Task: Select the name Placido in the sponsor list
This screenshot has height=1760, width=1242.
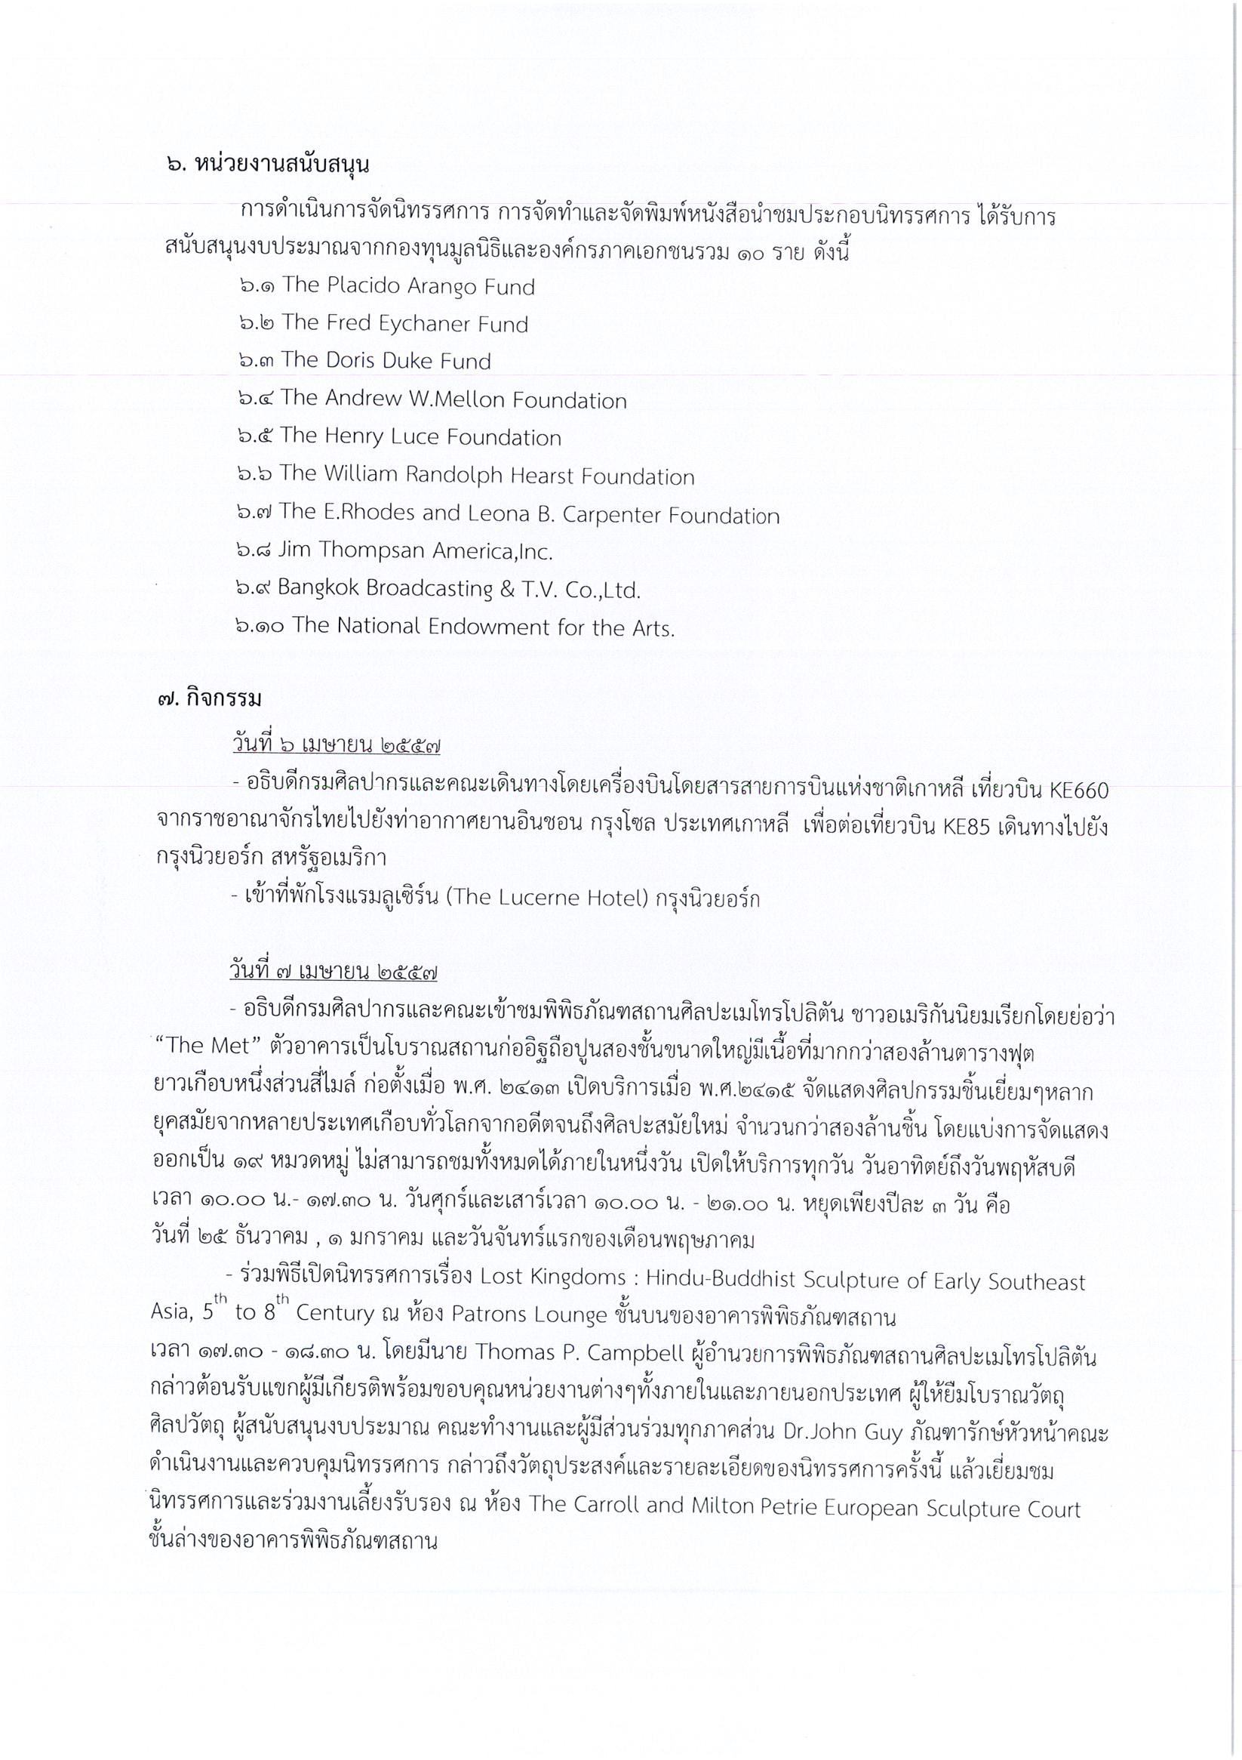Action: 366,286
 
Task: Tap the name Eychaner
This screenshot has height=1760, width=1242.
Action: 413,324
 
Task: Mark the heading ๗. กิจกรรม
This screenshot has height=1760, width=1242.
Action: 208,699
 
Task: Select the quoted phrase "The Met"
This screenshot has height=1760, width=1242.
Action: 189,1046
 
